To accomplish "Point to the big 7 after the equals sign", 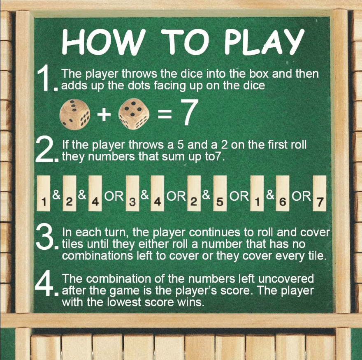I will point(190,112).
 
